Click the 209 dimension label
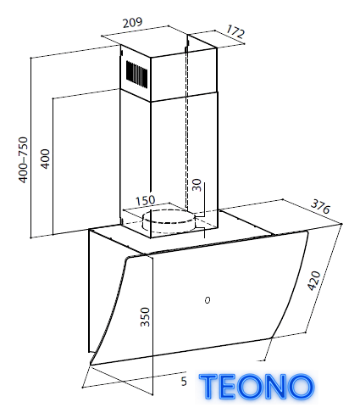point(132,23)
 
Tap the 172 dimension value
point(235,31)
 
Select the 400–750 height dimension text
point(23,159)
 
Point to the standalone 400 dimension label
point(45,159)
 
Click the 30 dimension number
point(197,185)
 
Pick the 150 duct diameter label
point(146,201)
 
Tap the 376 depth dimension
point(320,207)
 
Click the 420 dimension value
point(314,281)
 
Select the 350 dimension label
point(145,317)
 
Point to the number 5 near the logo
point(184,382)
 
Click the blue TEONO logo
point(257,387)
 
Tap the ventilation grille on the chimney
point(136,73)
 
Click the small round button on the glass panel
point(208,299)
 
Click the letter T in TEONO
point(208,387)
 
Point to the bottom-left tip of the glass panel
point(91,365)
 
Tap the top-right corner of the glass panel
point(307,232)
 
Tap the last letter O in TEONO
point(302,387)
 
